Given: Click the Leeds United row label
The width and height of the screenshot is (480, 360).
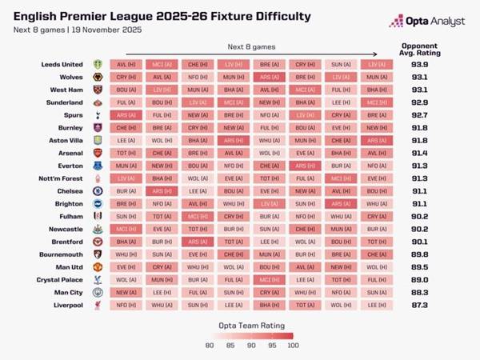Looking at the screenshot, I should point(62,65).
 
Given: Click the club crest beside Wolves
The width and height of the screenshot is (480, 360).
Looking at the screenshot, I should point(98,78).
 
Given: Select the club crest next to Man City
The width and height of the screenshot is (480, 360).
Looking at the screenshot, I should point(98,292).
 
